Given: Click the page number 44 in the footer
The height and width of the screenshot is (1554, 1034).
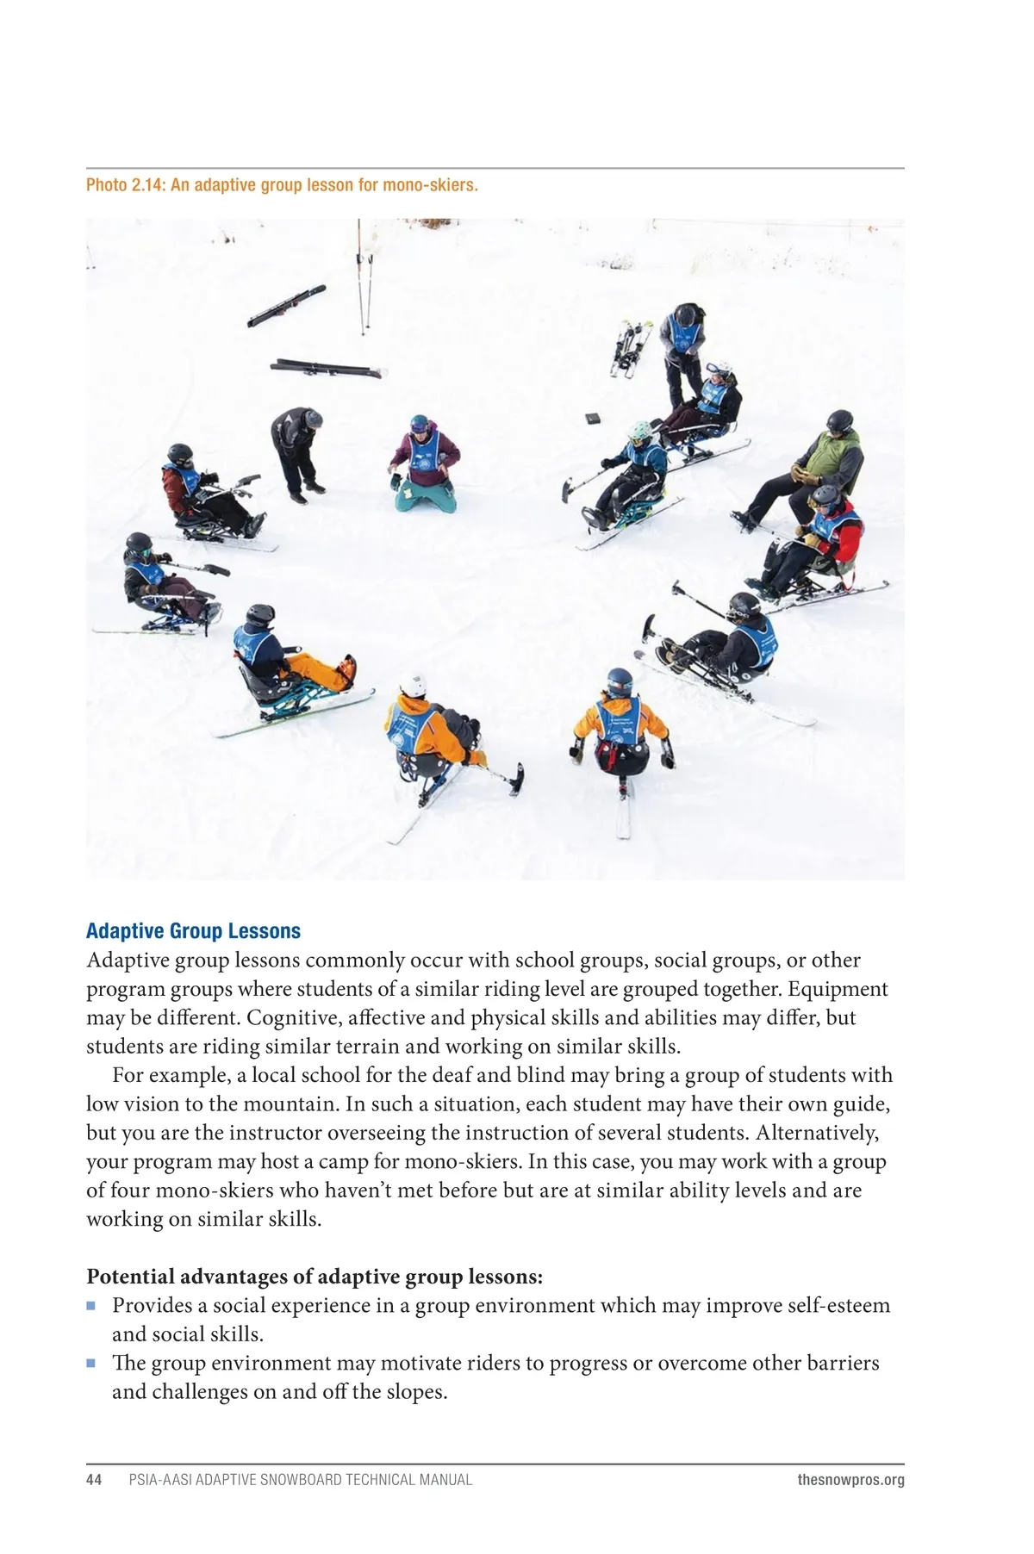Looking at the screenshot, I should click(94, 1479).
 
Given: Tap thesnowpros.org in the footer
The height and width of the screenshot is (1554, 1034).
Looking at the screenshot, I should click(850, 1479).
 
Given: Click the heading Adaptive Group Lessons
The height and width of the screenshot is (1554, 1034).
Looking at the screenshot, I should click(193, 930).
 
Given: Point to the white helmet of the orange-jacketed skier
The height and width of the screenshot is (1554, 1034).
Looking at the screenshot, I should click(413, 685).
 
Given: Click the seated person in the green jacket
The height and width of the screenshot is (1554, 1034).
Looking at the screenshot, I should click(819, 465).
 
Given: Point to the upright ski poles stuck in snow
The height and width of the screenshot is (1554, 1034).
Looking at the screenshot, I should click(366, 280).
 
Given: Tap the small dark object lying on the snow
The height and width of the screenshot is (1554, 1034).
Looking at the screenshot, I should click(594, 419).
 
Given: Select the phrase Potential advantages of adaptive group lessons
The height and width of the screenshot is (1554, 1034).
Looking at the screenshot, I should click(315, 1276).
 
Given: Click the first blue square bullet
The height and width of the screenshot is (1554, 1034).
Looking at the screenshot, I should click(91, 1305).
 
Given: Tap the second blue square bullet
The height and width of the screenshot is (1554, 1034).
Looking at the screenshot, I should click(91, 1363).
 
